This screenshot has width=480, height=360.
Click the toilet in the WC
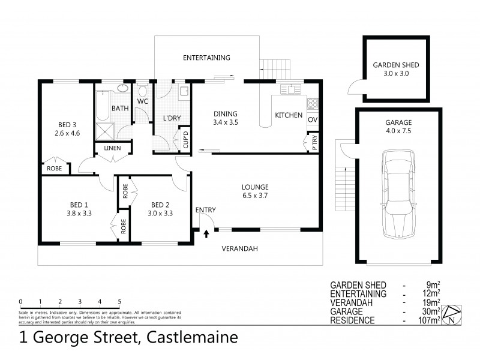[x=142, y=92]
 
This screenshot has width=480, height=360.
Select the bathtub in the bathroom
[x=101, y=108]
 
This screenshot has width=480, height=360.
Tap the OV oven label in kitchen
[x=313, y=119]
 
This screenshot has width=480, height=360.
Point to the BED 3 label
[x=66, y=125]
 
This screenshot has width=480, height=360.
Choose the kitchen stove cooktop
[x=313, y=103]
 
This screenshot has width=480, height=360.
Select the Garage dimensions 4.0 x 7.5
[x=398, y=130]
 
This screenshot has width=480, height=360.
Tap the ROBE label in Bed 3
[x=54, y=169]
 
